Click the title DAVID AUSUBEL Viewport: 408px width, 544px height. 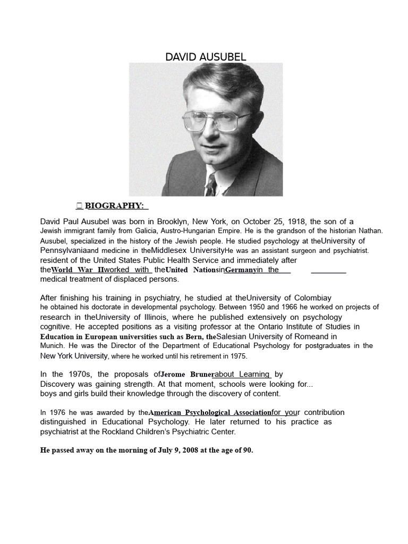pos(206,57)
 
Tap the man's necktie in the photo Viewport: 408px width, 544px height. pos(211,184)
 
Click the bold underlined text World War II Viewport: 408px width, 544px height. pos(78,270)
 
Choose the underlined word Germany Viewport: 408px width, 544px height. pos(241,270)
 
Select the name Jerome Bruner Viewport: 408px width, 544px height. pos(186,375)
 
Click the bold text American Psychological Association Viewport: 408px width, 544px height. pos(210,413)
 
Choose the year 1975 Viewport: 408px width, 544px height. pos(236,356)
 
